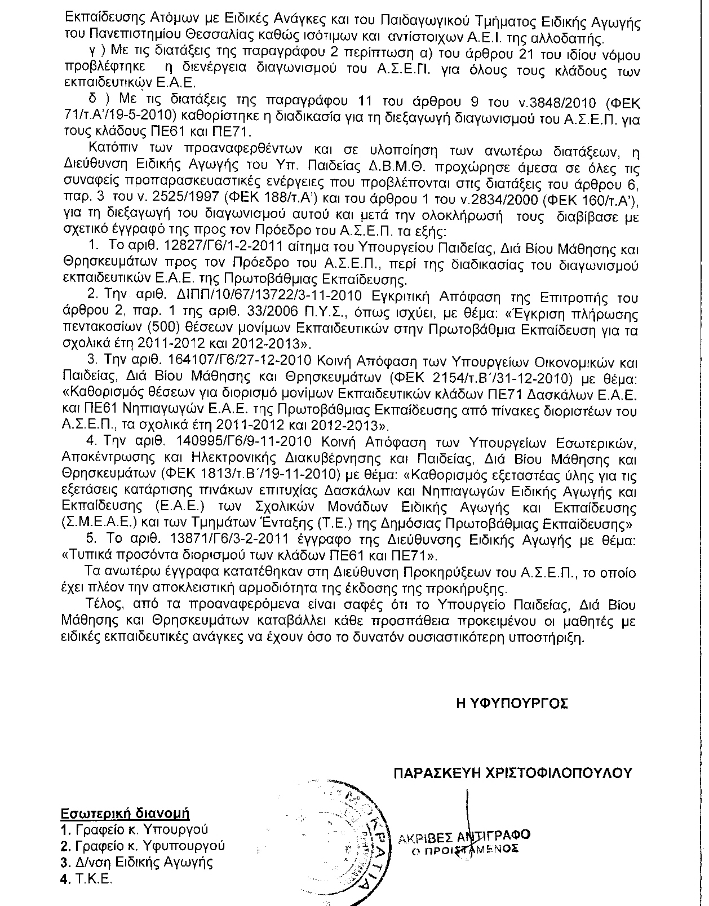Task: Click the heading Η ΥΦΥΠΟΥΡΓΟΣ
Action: (512, 703)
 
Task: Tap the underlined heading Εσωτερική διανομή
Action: (125, 814)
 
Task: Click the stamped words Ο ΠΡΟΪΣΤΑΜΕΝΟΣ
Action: (464, 850)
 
